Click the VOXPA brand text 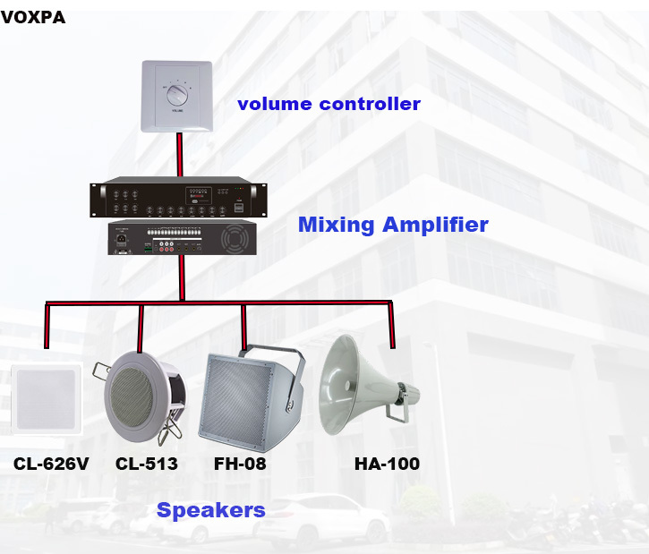click(x=33, y=18)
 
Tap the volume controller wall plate click(x=177, y=97)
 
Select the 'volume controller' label click(x=329, y=104)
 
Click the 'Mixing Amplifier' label click(x=393, y=225)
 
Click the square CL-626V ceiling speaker click(x=45, y=399)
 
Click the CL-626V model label click(x=50, y=464)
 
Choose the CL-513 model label click(x=146, y=464)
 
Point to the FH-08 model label click(x=239, y=464)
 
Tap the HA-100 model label click(x=387, y=464)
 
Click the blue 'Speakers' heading click(x=210, y=510)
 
